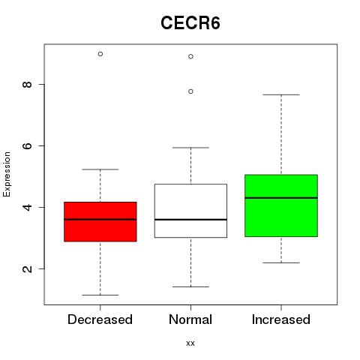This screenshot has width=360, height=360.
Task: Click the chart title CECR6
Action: [x=190, y=23]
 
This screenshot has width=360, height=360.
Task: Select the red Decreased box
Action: [x=100, y=222]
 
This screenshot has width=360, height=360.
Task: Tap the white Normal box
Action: [x=190, y=211]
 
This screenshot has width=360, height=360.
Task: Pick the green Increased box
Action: [x=281, y=205]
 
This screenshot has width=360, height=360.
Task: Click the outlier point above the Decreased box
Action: [x=100, y=54]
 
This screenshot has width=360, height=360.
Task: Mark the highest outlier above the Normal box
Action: [x=190, y=56]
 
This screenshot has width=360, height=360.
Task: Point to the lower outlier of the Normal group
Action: [x=190, y=91]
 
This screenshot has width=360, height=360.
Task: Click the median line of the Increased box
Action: [x=281, y=198]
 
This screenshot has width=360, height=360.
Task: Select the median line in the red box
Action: [x=100, y=220]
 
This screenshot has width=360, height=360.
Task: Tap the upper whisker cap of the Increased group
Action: [x=281, y=94]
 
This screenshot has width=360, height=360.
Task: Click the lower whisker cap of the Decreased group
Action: [x=100, y=295]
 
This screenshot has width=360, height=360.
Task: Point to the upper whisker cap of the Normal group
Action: [x=190, y=148]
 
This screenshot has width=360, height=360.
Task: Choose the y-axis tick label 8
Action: [x=27, y=85]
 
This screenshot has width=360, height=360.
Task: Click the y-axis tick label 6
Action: [x=27, y=145]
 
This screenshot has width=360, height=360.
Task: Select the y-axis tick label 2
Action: [x=27, y=268]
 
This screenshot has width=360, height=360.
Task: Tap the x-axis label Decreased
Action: [x=100, y=319]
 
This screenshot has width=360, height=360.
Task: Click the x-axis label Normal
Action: [x=190, y=319]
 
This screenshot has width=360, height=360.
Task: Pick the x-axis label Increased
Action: [x=281, y=319]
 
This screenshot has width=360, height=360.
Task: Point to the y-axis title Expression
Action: [x=7, y=175]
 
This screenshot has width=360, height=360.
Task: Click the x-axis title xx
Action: [x=190, y=343]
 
